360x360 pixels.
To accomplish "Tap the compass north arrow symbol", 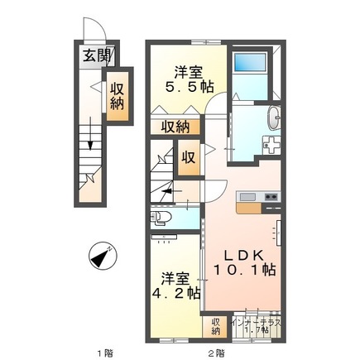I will coord(102,257).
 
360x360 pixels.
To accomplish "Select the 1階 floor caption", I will coord(103,354).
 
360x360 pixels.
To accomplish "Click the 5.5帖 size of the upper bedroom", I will coord(191,85).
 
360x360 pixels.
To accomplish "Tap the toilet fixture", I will coord(162,218).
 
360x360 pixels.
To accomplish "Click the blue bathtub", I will coord(248,65).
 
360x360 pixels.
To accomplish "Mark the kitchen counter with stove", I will coord(258,197).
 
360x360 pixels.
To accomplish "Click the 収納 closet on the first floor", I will coord(117,95).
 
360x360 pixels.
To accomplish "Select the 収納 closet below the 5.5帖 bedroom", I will coord(175,127).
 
